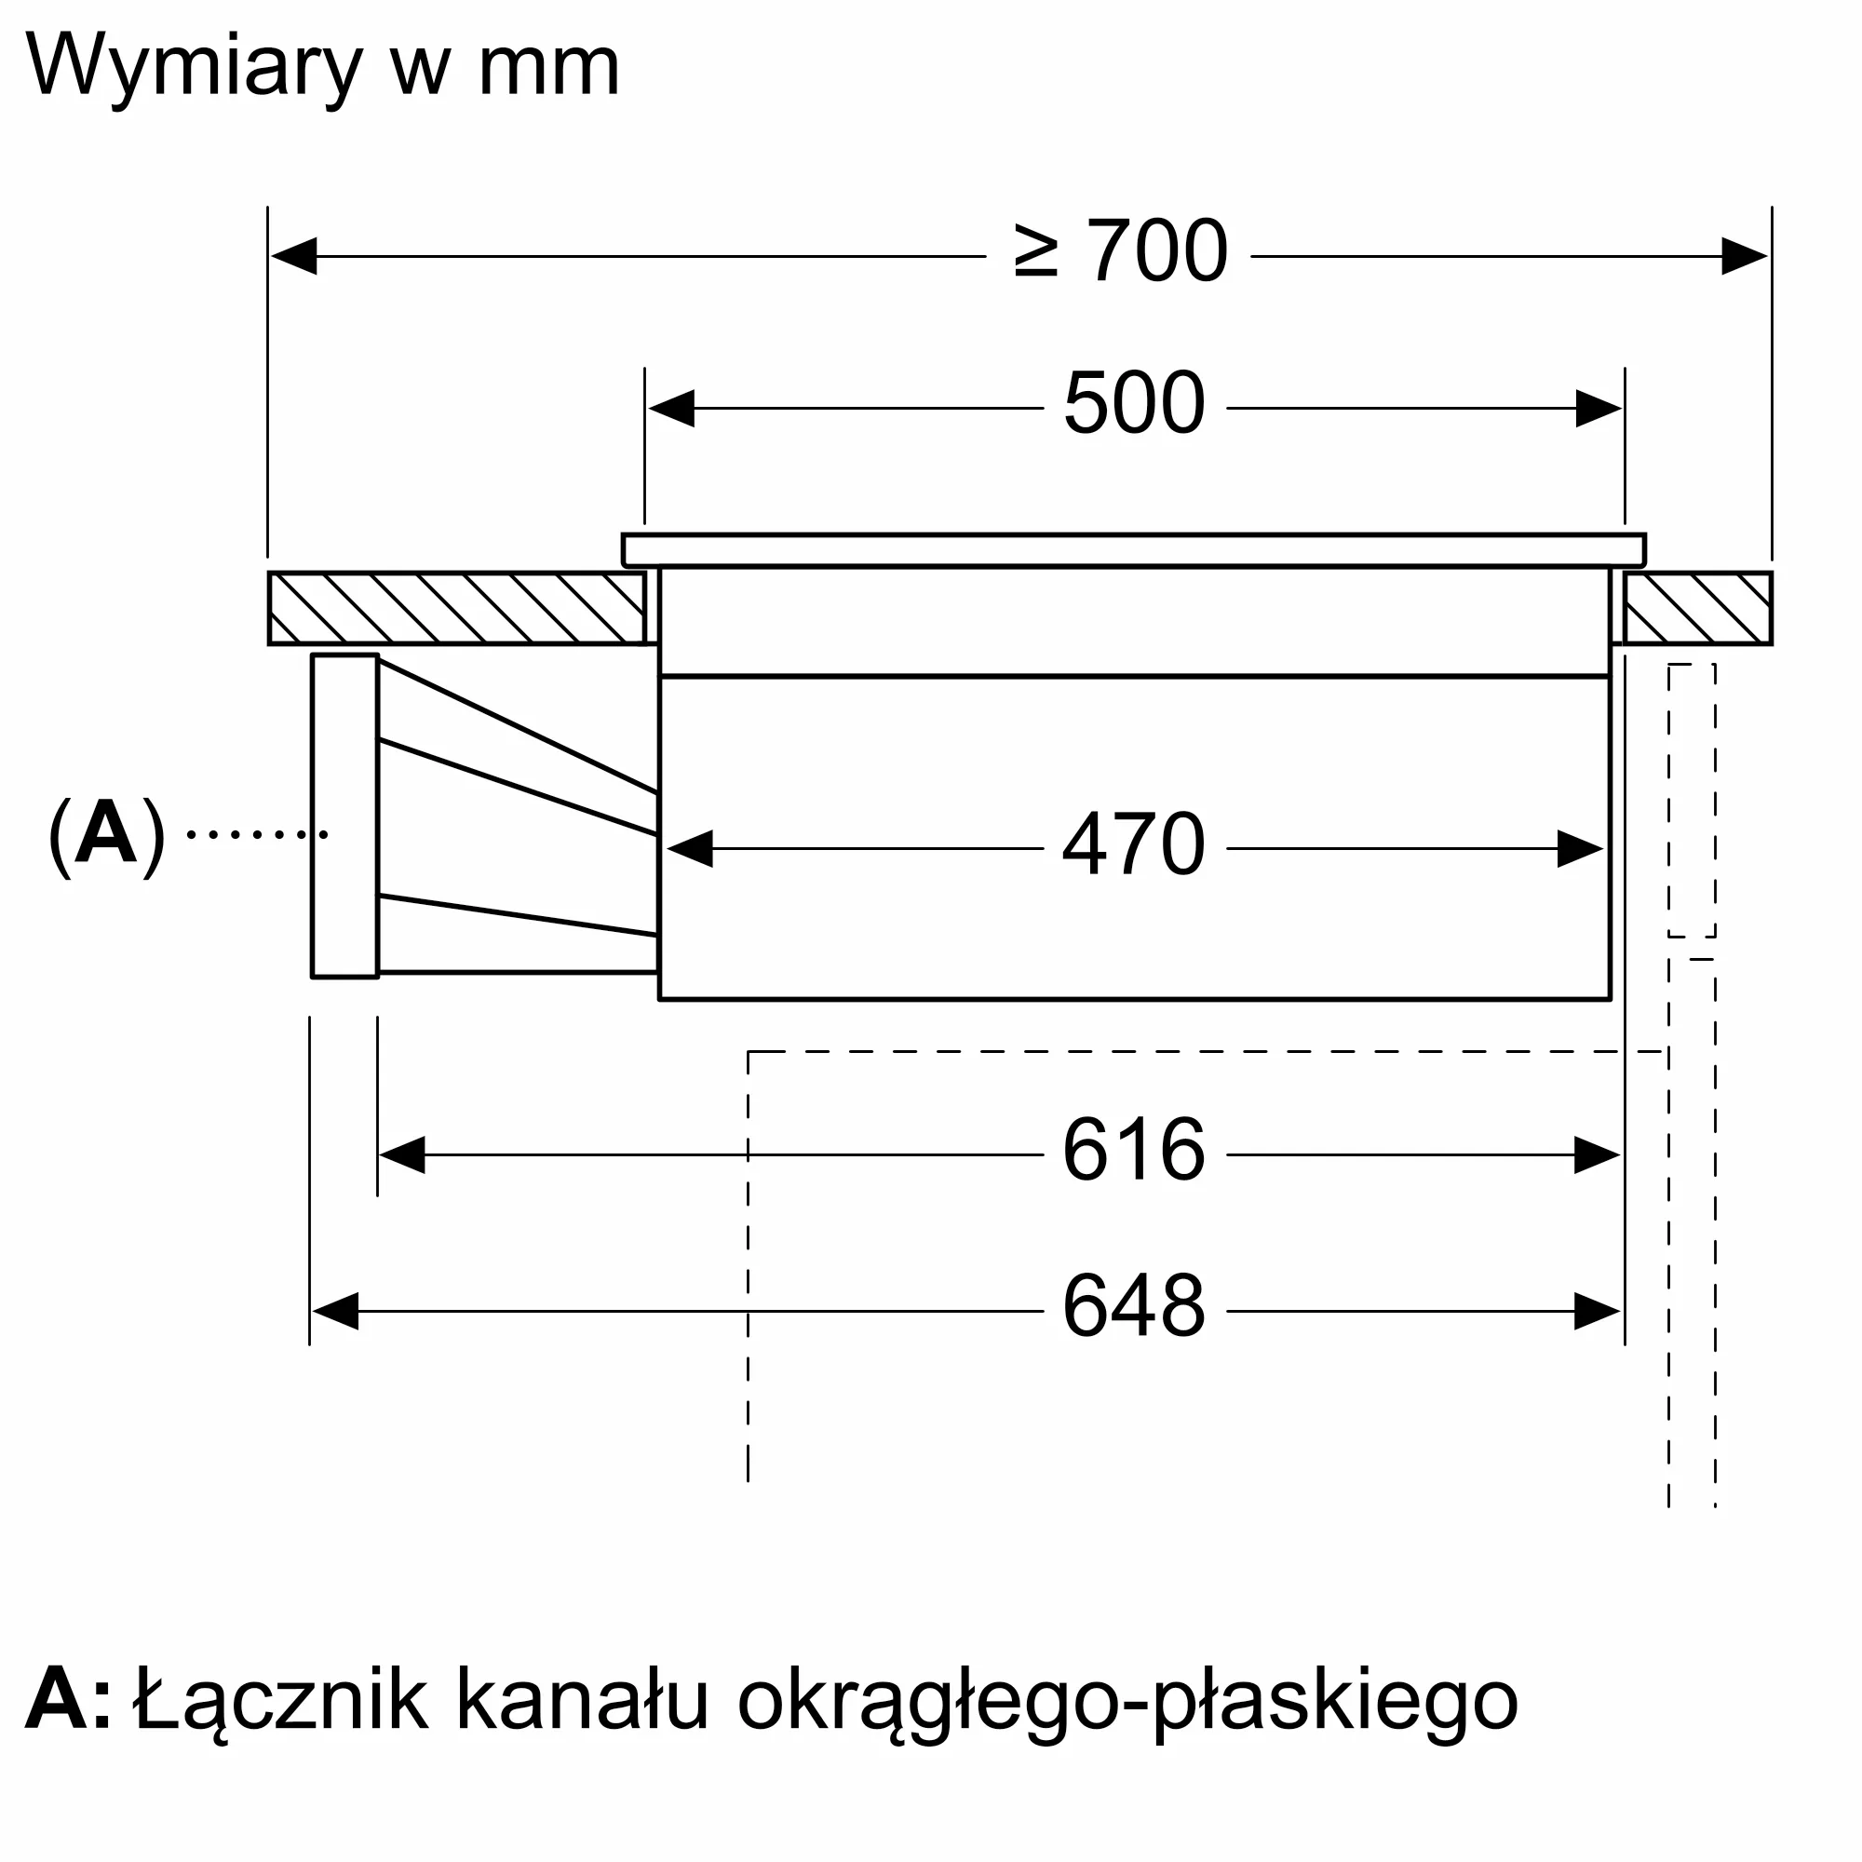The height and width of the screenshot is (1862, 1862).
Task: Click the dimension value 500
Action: tap(1134, 403)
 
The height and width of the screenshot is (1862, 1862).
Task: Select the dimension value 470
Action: tap(1134, 843)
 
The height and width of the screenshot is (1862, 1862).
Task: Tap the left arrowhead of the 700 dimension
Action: tap(294, 256)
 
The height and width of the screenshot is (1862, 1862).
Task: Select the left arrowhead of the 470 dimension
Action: tap(690, 849)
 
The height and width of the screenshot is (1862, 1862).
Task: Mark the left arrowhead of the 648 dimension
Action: tap(335, 1312)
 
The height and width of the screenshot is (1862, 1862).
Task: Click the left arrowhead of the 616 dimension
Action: tap(403, 1154)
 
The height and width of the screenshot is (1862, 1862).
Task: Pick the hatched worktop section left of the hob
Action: tap(457, 608)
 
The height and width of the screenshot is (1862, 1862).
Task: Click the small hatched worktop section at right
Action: tap(1697, 608)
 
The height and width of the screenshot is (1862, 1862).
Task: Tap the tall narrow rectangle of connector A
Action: tap(345, 816)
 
